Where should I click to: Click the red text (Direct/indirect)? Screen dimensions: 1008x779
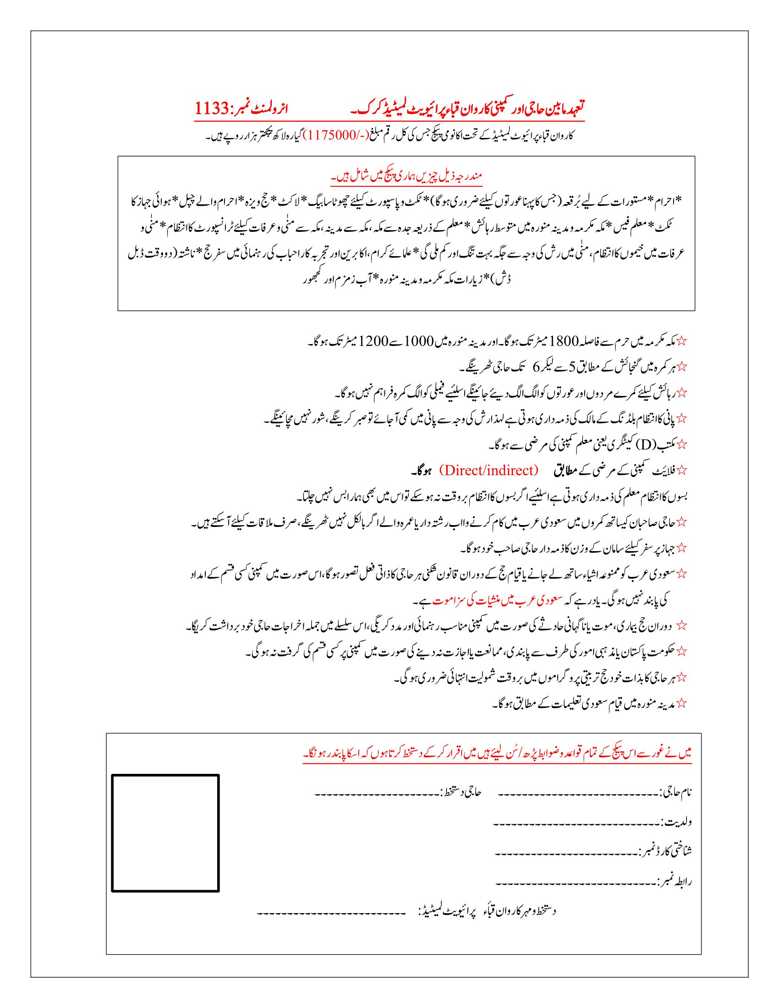(x=489, y=470)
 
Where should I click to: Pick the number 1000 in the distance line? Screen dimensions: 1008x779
(x=419, y=342)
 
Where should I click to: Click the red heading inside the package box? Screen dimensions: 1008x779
(x=406, y=176)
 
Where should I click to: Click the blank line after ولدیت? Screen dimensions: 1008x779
(x=577, y=824)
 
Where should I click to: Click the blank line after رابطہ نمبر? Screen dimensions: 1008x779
(x=575, y=884)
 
